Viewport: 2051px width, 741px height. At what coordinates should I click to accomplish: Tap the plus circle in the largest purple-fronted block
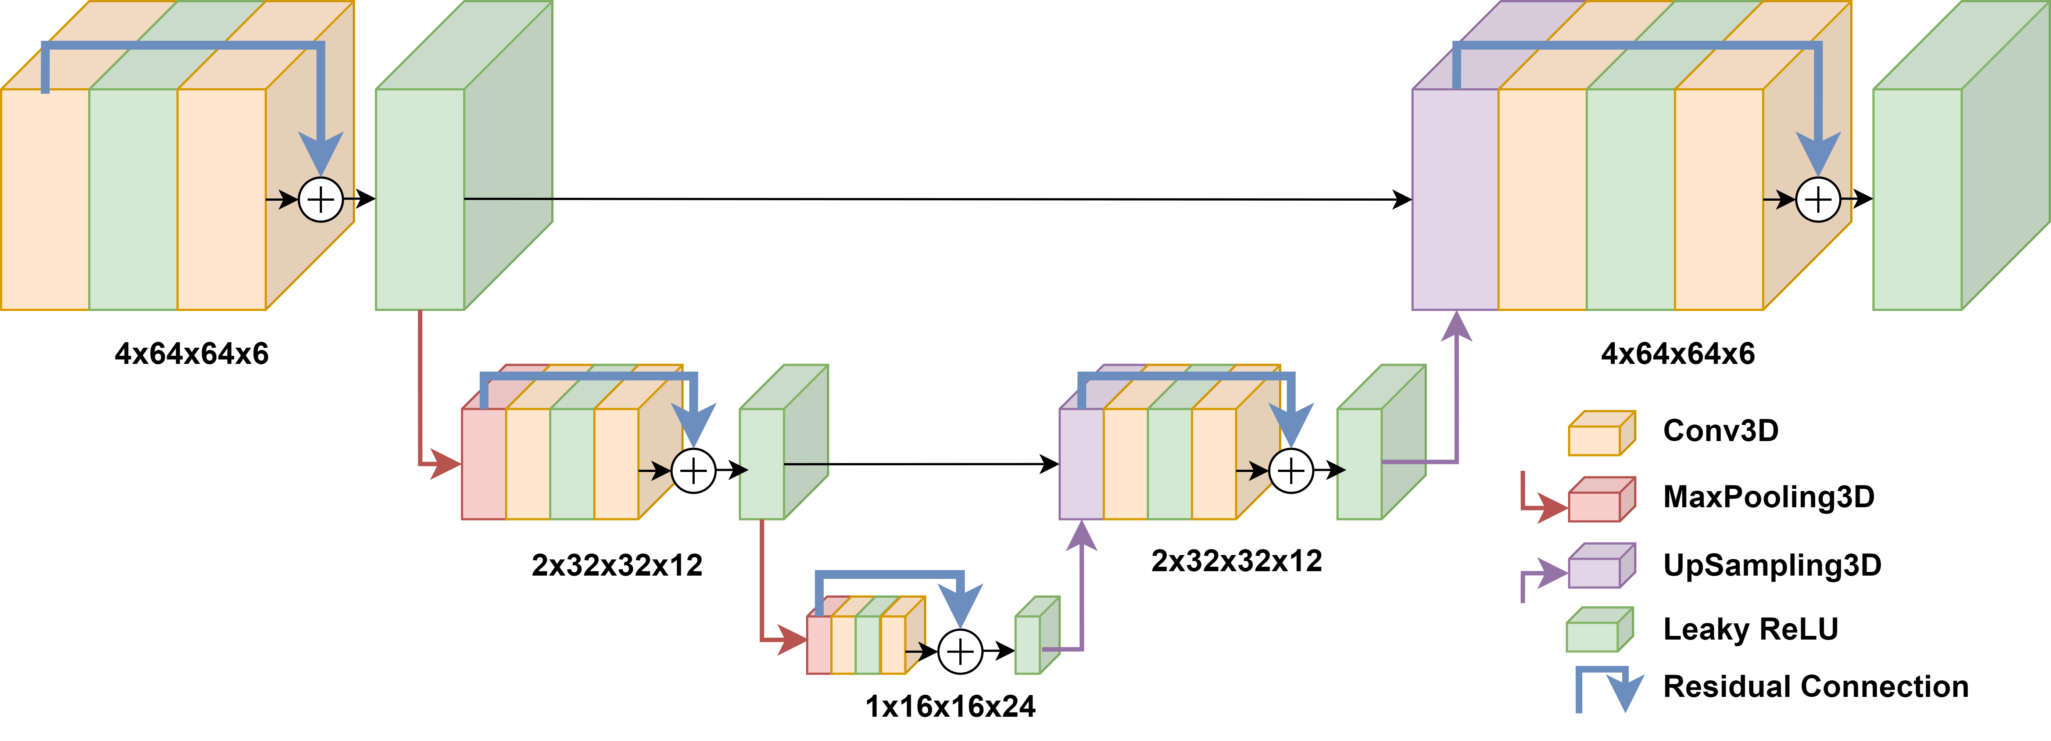[1818, 199]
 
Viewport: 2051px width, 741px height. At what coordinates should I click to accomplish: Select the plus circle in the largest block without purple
[321, 199]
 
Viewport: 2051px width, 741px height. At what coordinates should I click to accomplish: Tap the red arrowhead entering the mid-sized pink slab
[446, 464]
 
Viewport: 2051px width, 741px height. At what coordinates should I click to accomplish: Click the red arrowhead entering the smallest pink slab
[792, 639]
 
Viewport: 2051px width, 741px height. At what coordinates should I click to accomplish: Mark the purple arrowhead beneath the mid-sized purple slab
[1081, 536]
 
